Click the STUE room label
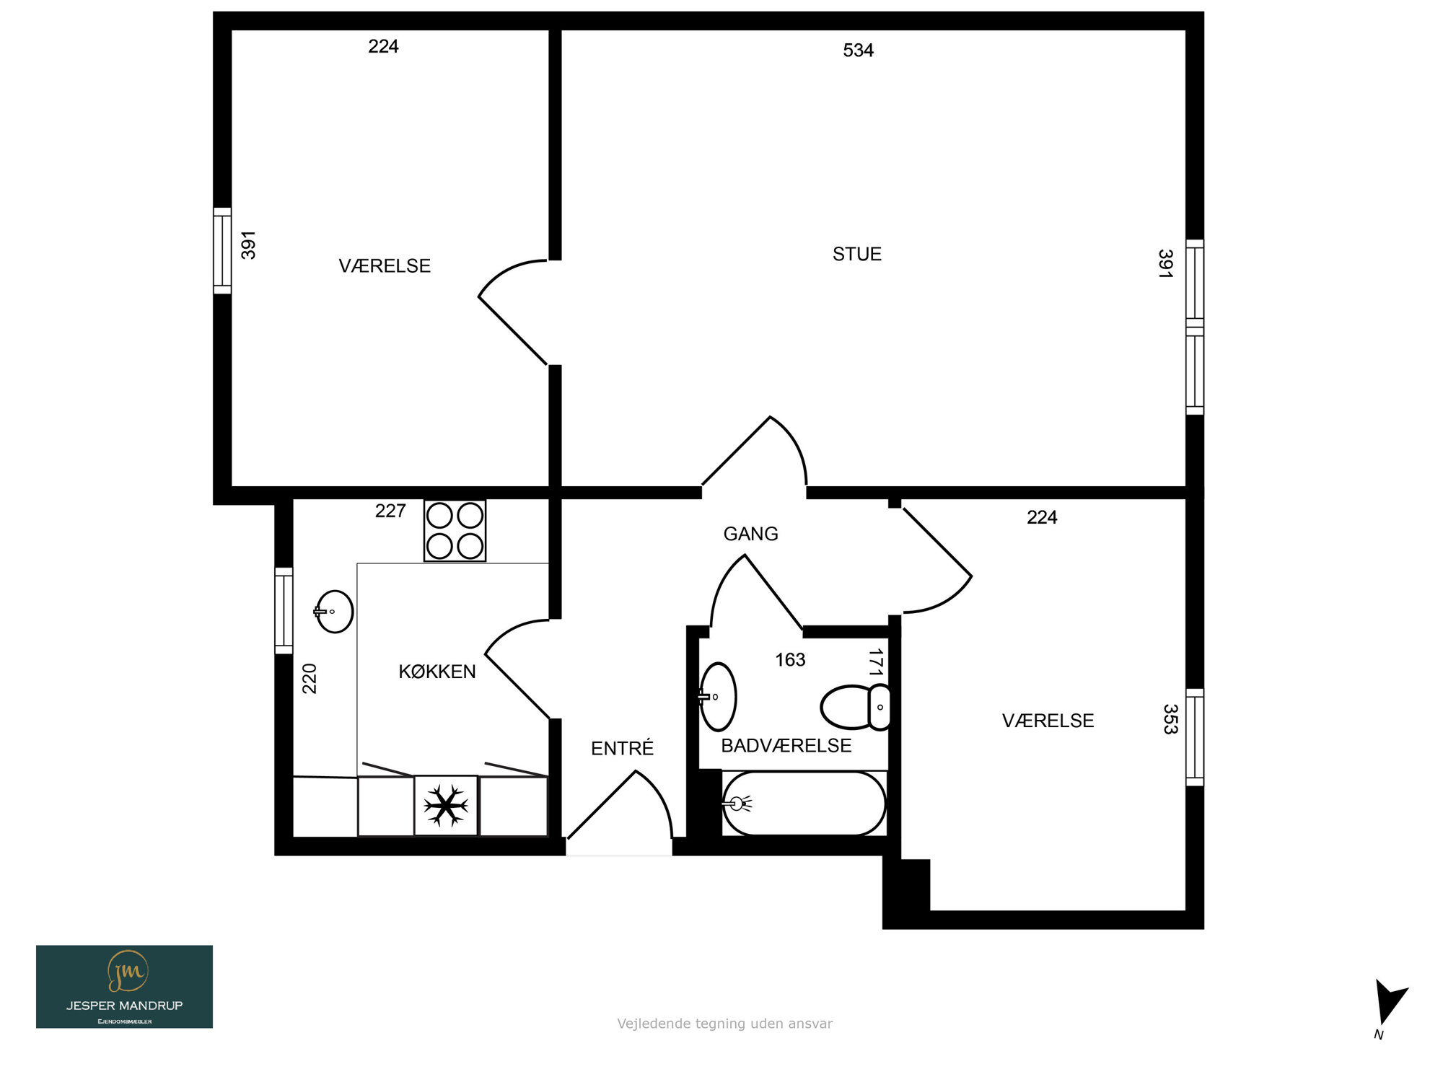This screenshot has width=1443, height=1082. (x=857, y=254)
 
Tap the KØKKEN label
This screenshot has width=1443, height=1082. (x=437, y=672)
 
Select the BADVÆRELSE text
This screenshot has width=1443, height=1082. (x=786, y=745)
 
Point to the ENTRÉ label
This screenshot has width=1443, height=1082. (x=622, y=748)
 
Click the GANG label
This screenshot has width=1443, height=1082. (x=751, y=534)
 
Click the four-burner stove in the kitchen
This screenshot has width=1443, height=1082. (x=455, y=531)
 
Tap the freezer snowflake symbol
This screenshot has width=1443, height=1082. (x=446, y=805)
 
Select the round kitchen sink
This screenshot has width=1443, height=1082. (x=334, y=612)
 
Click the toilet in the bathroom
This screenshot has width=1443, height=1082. (x=856, y=707)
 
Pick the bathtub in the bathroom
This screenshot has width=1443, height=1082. (x=804, y=803)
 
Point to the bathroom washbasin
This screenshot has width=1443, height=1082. (x=717, y=697)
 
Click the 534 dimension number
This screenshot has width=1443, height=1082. (x=859, y=50)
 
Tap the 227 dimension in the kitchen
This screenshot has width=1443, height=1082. (x=390, y=511)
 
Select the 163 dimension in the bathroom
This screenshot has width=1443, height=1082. (x=790, y=659)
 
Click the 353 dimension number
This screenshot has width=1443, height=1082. (x=1170, y=719)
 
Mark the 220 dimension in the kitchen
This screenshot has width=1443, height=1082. (x=310, y=679)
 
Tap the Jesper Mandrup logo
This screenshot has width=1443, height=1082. (x=124, y=987)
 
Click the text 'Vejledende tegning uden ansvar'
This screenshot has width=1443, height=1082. (x=724, y=1024)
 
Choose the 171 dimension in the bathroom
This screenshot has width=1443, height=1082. (x=875, y=662)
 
